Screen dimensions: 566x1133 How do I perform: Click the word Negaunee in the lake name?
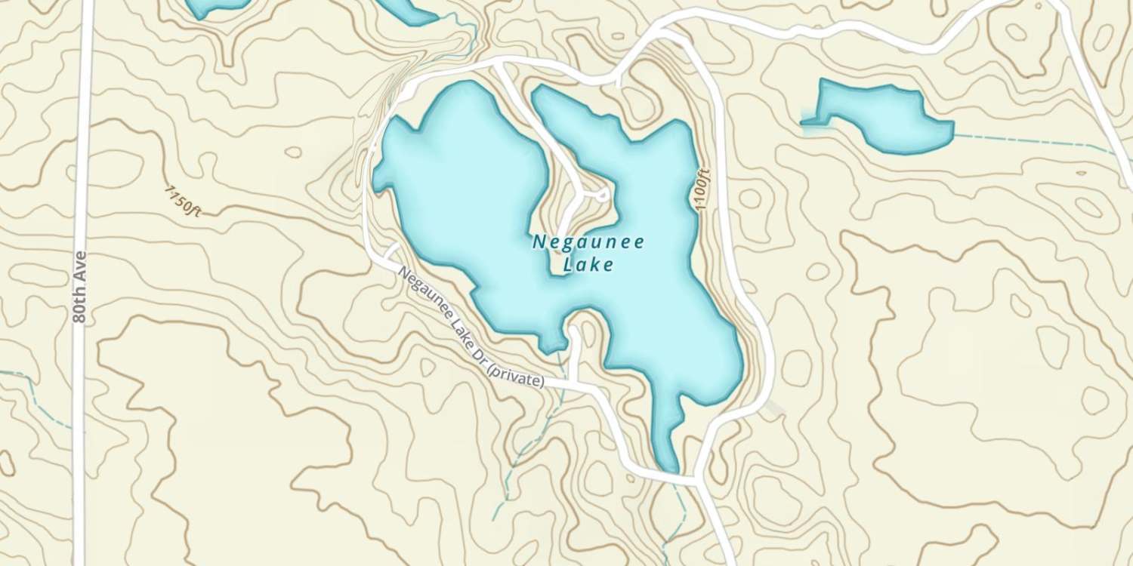(x=588, y=242)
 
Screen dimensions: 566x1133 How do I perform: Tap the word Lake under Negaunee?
(x=588, y=265)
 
